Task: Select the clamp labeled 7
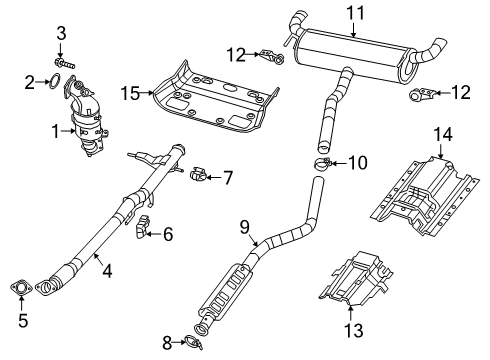click(x=200, y=177)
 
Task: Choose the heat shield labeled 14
click(x=420, y=200)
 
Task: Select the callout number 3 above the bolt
click(x=61, y=35)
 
